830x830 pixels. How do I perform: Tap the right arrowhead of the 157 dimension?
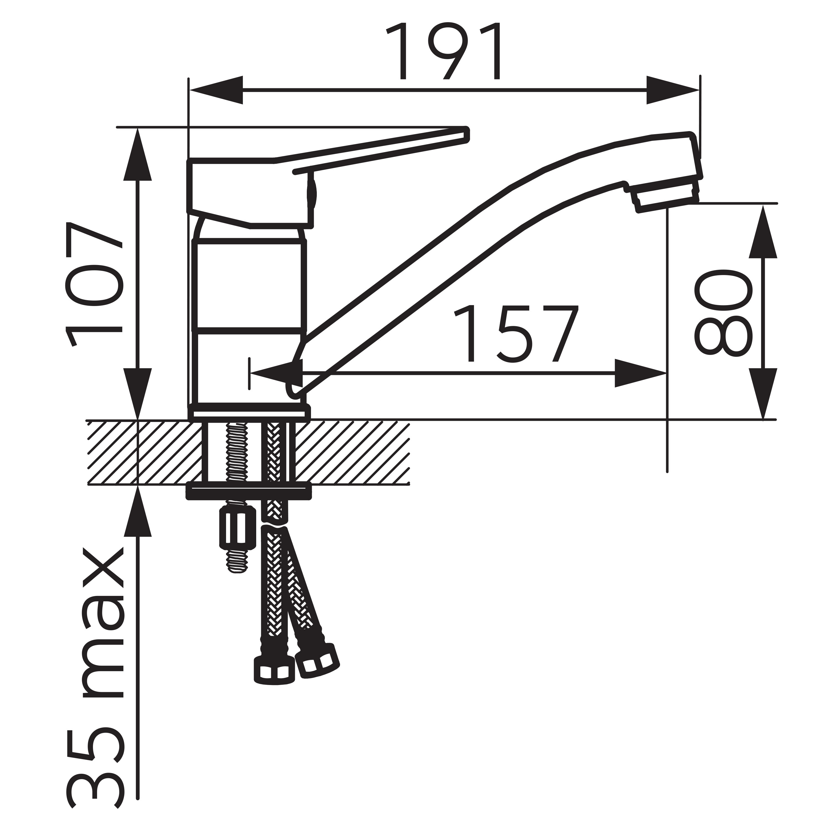tap(640, 373)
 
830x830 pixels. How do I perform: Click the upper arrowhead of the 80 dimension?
tap(763, 232)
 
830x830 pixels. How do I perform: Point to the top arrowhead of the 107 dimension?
tap(138, 155)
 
